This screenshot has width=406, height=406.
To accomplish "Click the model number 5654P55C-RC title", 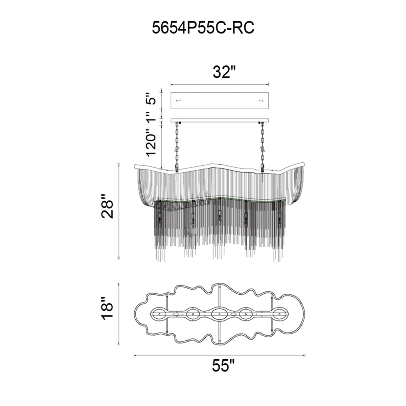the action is pyautogui.click(x=203, y=28).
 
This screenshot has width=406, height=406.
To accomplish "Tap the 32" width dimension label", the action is pyautogui.click(x=224, y=72).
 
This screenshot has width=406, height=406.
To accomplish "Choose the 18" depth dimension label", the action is pyautogui.click(x=107, y=311).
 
